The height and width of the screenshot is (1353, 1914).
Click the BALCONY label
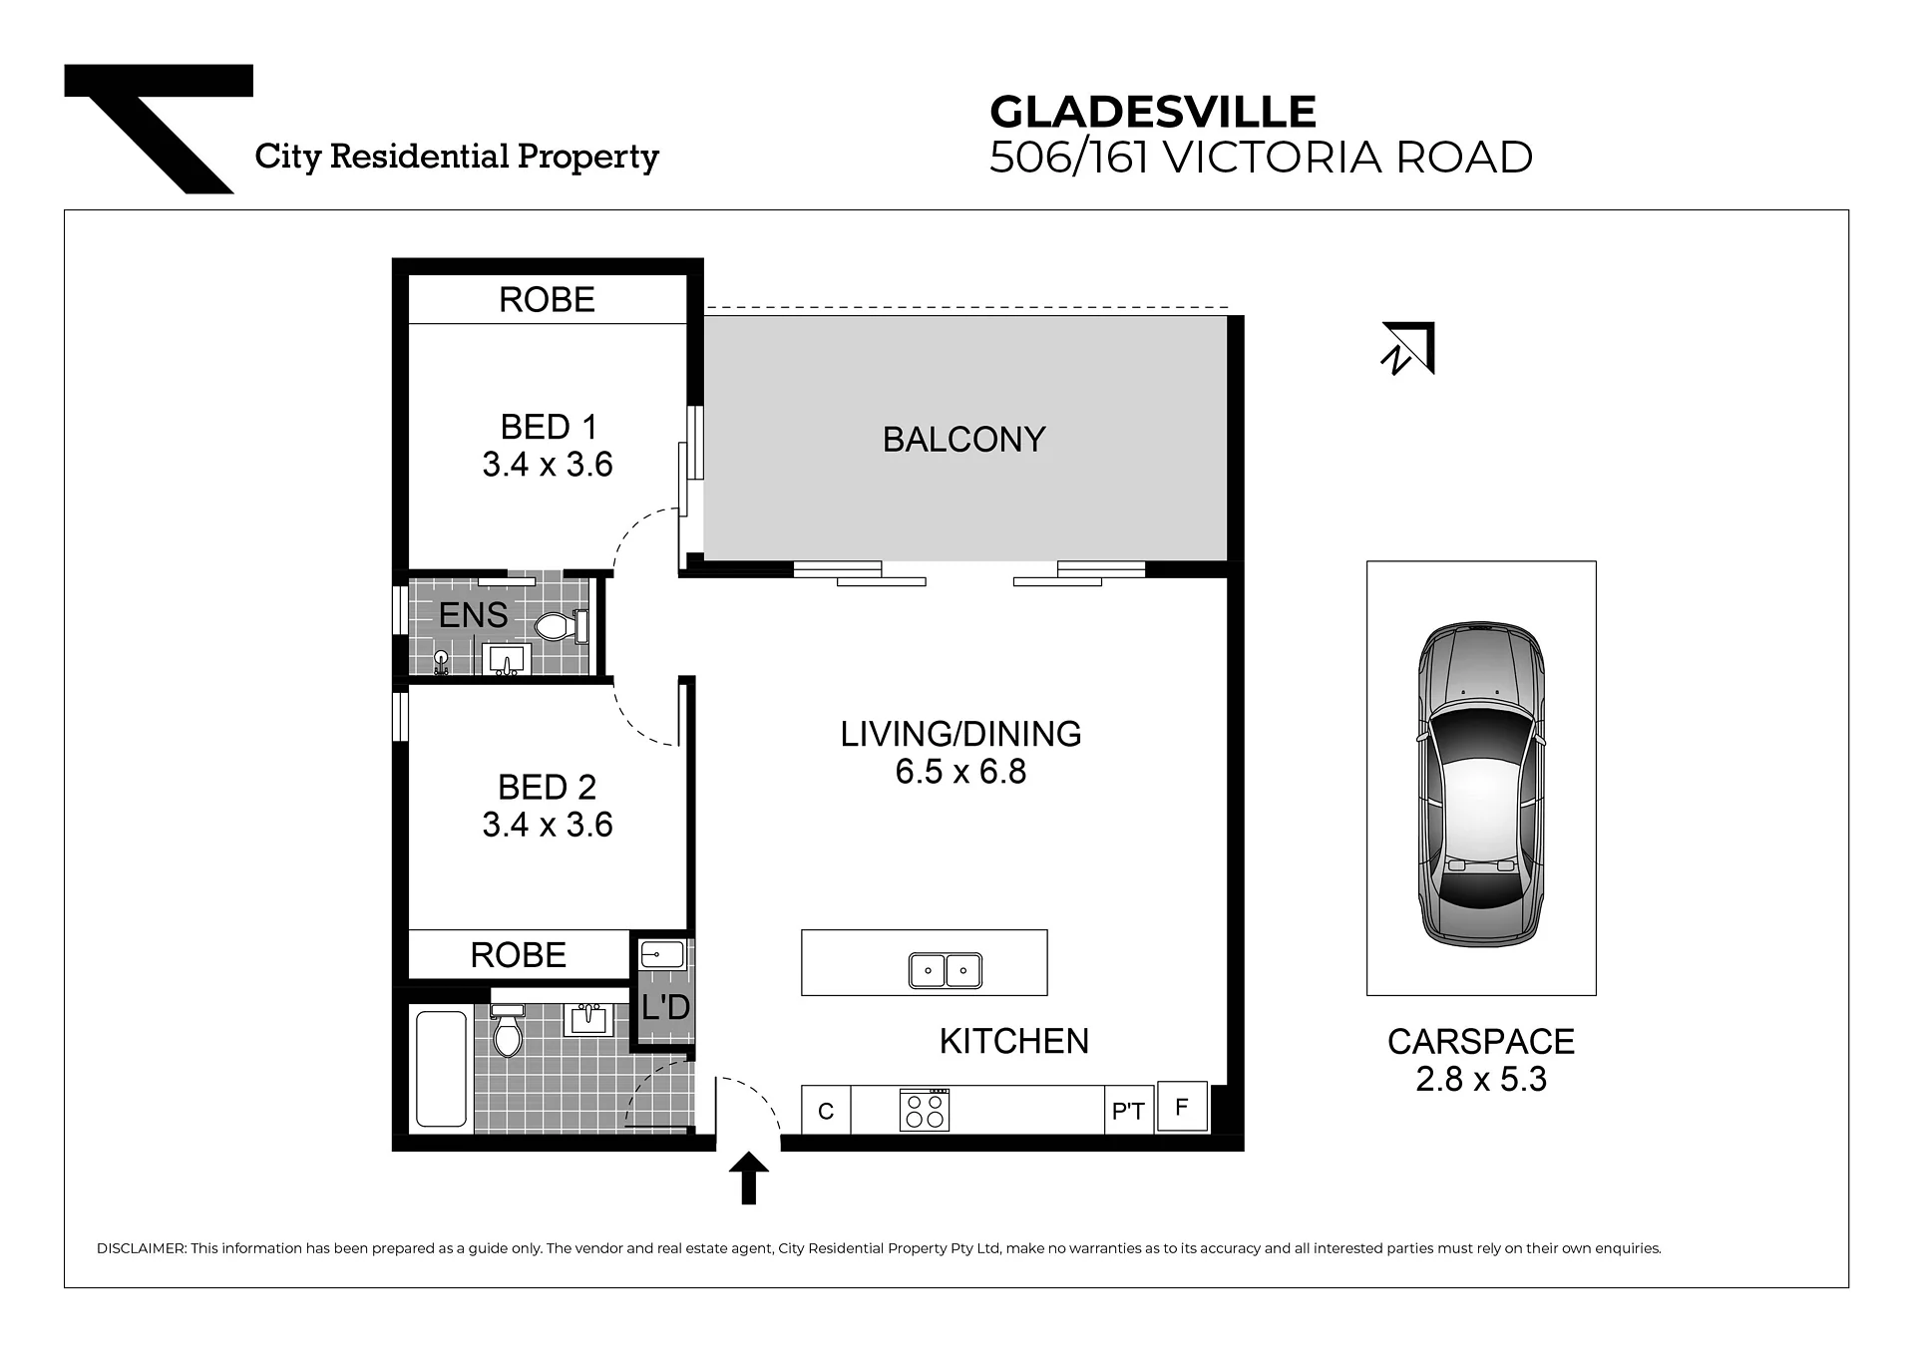pos(963,440)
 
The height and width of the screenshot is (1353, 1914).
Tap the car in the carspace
pos(1481,784)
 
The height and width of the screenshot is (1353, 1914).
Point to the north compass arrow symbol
pos(1407,348)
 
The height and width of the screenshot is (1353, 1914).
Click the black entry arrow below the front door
pos(749,1179)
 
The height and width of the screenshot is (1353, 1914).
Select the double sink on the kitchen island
pos(945,970)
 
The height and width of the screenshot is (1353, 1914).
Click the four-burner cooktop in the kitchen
pos(925,1109)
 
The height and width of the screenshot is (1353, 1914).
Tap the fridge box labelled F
pos(1182,1107)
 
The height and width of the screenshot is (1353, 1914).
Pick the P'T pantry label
pos(1128,1111)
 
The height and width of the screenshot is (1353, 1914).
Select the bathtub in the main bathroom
pos(441,1069)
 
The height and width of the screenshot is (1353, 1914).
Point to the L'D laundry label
pos(665,1007)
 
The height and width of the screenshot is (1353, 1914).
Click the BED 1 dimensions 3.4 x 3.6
pos(548,465)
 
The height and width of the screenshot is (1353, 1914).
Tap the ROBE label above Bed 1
pos(547,300)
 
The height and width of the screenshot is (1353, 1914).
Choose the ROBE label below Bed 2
pos(518,955)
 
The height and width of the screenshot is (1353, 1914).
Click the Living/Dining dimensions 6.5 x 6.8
pos(960,772)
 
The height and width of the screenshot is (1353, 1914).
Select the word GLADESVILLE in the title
pos(1153,112)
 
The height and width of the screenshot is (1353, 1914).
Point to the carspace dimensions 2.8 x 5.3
pos(1481,1079)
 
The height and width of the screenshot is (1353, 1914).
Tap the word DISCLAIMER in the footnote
pos(142,1248)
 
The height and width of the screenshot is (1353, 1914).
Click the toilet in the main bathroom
pos(508,1031)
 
